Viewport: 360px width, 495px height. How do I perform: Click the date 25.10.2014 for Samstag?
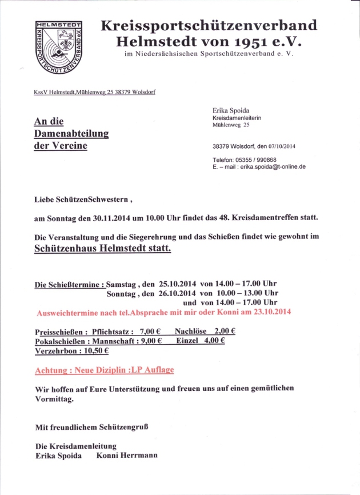[x=178, y=284]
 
